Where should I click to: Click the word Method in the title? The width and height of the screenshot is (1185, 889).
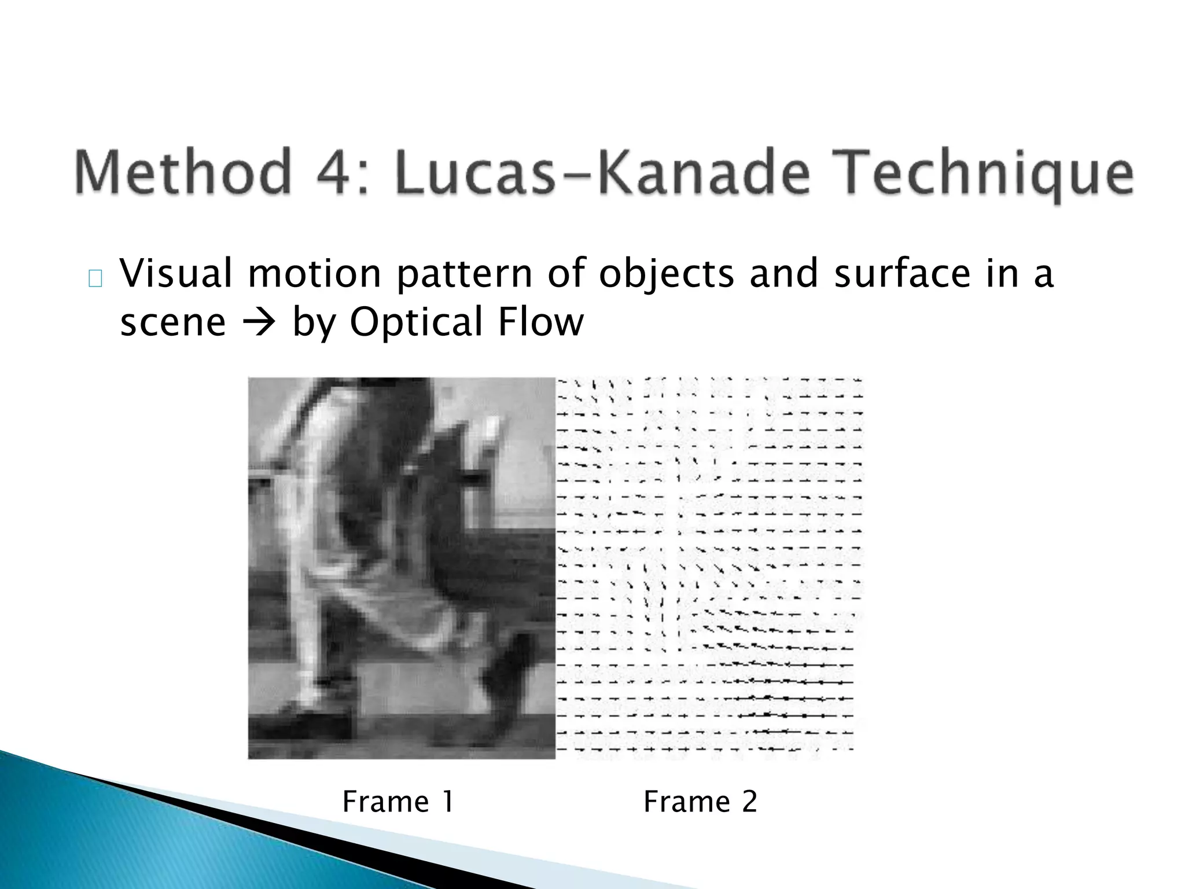point(181,172)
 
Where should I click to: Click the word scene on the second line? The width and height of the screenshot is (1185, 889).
point(172,323)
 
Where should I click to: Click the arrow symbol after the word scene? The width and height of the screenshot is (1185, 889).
point(259,323)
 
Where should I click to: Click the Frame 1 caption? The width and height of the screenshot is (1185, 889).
point(398,802)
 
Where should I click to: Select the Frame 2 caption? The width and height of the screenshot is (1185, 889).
point(700,802)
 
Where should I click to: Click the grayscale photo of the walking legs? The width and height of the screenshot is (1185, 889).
point(402,567)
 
